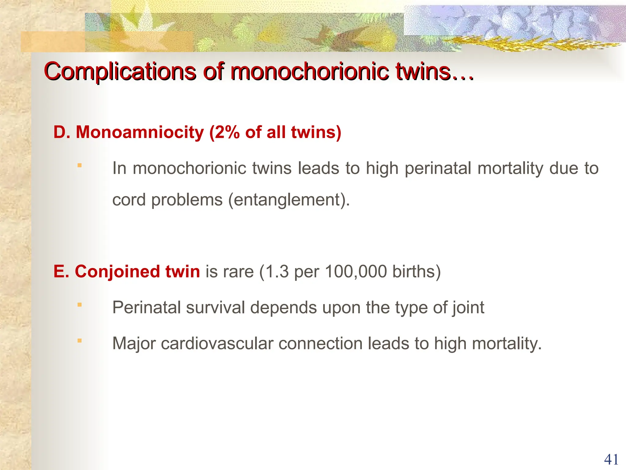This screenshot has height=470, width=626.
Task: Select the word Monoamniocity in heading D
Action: point(140,132)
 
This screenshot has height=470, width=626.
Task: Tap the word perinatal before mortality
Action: point(438,168)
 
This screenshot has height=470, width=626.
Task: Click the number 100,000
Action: point(356,271)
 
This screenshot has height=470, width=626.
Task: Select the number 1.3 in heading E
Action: point(278,271)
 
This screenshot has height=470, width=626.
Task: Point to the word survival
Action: point(215,307)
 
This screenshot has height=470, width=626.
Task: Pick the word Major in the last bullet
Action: point(134,343)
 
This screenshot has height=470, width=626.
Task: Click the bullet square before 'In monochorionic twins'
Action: point(79,166)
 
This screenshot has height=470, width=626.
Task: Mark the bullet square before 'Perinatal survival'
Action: point(79,305)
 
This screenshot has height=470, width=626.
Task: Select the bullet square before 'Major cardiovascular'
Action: point(79,341)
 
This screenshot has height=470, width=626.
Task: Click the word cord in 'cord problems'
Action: point(129,200)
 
